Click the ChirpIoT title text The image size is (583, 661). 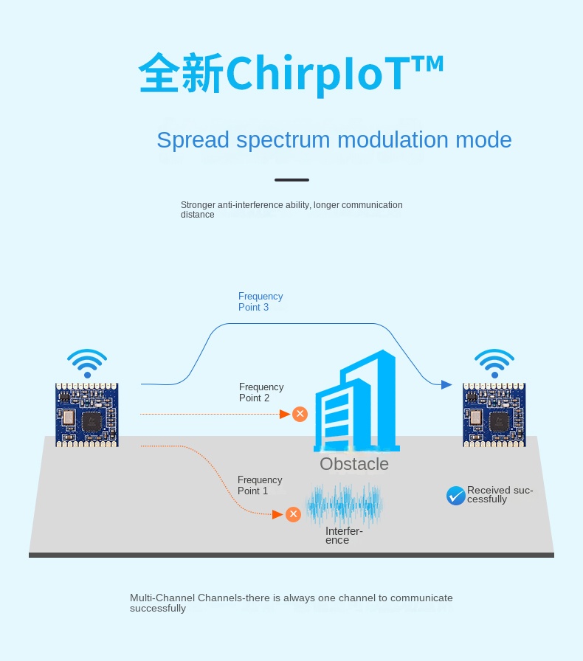click(x=291, y=73)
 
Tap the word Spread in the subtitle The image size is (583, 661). click(x=193, y=140)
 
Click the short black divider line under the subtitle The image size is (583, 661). click(x=292, y=180)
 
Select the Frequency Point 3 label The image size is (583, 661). click(x=261, y=302)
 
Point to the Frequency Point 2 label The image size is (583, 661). click(x=261, y=392)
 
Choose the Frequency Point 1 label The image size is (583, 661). click(x=260, y=485)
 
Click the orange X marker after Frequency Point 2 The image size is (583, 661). click(x=300, y=414)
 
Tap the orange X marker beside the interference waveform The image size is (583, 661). click(x=293, y=514)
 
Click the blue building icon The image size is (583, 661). click(x=357, y=401)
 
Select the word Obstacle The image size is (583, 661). click(x=354, y=464)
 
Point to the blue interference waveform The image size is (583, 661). click(x=344, y=504)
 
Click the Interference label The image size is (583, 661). click(x=344, y=536)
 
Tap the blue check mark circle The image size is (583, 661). click(x=456, y=495)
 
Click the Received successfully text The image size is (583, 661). click(x=500, y=494)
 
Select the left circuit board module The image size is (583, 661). click(x=87, y=415)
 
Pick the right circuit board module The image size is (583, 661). click(x=494, y=415)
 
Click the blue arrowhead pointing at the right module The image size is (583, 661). click(x=446, y=384)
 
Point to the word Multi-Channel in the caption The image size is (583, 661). click(x=162, y=598)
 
